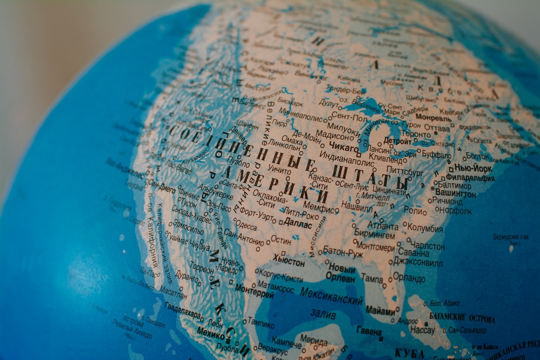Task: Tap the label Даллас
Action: coord(298,225)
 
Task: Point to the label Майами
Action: coord(380,310)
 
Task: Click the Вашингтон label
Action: coord(455,193)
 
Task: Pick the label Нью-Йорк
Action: coord(473,168)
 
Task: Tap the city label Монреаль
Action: coord(433,117)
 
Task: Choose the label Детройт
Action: coord(397,141)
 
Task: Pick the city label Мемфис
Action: coord(321,209)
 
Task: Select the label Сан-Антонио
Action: coord(243,237)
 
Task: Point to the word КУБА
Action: coord(409,353)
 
